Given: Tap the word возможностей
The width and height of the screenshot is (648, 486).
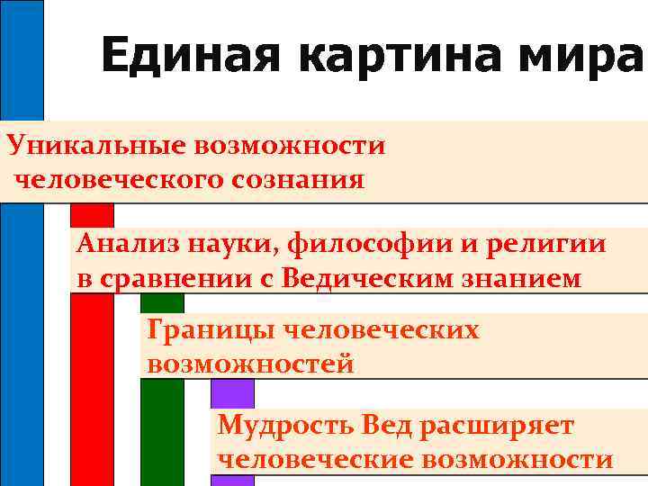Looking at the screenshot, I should coord(250,364).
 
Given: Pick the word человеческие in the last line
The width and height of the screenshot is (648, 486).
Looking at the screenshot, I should coord(314,459).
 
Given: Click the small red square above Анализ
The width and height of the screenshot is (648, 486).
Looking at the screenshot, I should coord(93,215).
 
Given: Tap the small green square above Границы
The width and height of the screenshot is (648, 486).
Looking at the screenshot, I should coord(162,302).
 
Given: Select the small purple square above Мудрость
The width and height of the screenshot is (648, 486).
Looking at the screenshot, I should coord(232,392).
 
